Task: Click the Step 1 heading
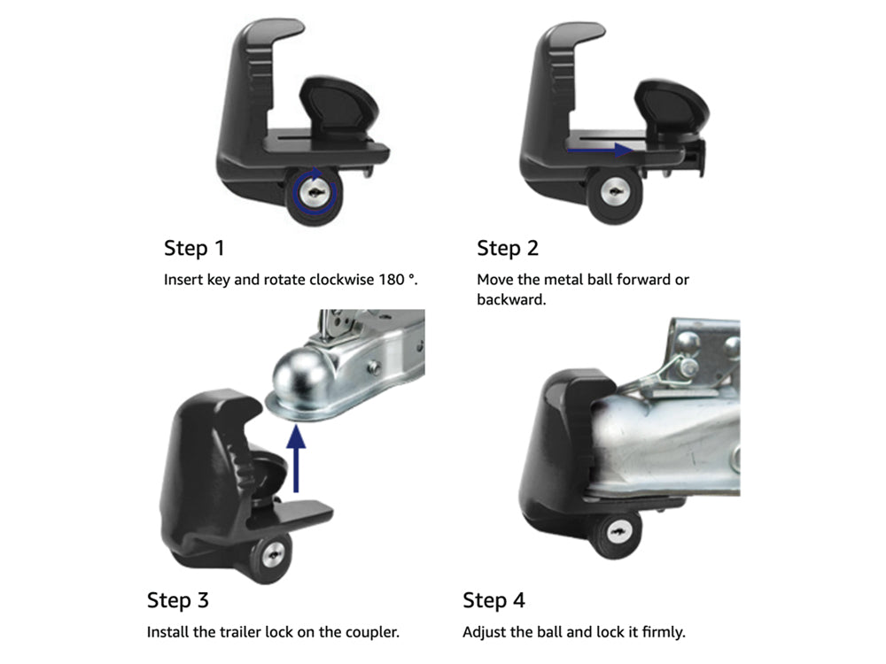pos(194,249)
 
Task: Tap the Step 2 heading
pos(508,249)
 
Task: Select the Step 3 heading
pos(177,600)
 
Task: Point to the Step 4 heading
pos(494,600)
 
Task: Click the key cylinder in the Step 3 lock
pos(274,554)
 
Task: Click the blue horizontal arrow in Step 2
pos(600,150)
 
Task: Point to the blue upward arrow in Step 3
pos(296,459)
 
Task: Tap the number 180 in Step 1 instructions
pos(392,280)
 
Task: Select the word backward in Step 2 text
pos(511,299)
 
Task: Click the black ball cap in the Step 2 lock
pos(672,107)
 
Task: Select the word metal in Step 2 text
pos(563,280)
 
